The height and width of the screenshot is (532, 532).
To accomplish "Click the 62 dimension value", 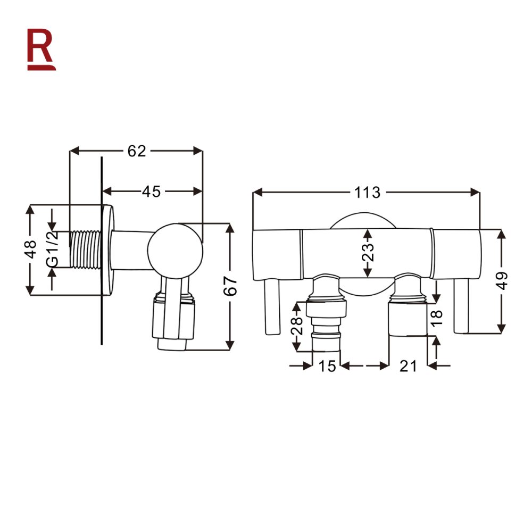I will tap(136, 151).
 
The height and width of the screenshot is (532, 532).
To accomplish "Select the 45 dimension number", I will tap(151, 191).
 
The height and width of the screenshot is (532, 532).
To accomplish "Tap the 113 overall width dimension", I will tap(367, 192).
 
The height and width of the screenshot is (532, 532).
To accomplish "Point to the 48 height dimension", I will tap(31, 250).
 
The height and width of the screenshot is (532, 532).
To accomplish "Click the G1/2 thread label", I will tap(52, 250).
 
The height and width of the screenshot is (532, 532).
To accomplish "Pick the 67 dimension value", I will tap(230, 287).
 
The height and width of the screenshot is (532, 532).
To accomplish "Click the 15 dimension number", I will tap(327, 366).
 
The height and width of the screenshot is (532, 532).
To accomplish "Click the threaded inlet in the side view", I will tap(85, 250).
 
